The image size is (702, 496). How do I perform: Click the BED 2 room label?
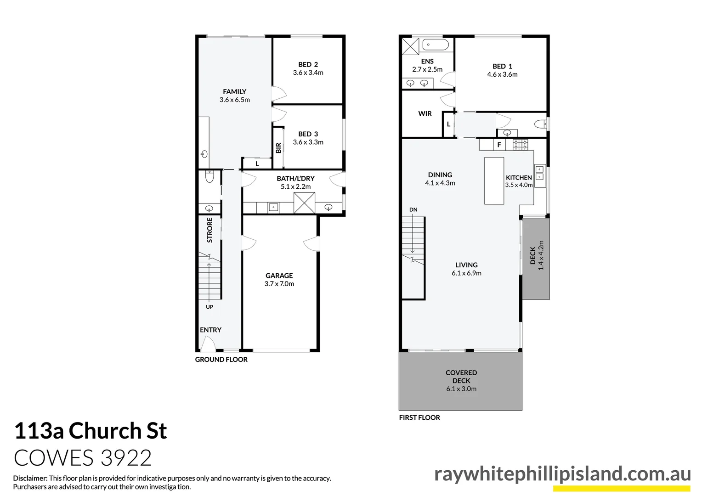(308, 65)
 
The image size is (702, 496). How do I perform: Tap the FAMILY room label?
(234, 92)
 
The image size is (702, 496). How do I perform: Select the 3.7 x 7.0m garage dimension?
(279, 284)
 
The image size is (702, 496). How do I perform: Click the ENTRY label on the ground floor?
(210, 330)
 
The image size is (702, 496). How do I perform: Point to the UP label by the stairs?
(209, 307)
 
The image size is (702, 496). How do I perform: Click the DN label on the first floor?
(413, 209)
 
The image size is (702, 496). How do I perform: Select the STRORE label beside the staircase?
(210, 230)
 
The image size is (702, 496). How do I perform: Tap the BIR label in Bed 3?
(278, 148)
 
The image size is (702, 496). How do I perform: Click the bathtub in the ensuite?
(435, 45)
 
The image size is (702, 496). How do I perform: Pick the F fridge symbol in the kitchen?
(499, 145)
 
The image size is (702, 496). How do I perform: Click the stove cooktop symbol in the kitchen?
(521, 145)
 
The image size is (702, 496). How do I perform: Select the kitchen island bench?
(494, 180)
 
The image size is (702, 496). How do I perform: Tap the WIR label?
(425, 113)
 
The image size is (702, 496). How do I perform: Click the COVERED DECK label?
(461, 377)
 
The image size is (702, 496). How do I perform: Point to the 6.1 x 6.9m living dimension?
(466, 273)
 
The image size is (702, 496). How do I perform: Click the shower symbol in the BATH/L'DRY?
(304, 203)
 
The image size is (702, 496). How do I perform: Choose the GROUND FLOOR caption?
(221, 360)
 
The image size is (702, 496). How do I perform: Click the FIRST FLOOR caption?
(419, 417)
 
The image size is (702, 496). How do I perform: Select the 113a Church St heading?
(91, 431)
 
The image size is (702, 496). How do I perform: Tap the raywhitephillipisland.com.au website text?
(562, 474)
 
